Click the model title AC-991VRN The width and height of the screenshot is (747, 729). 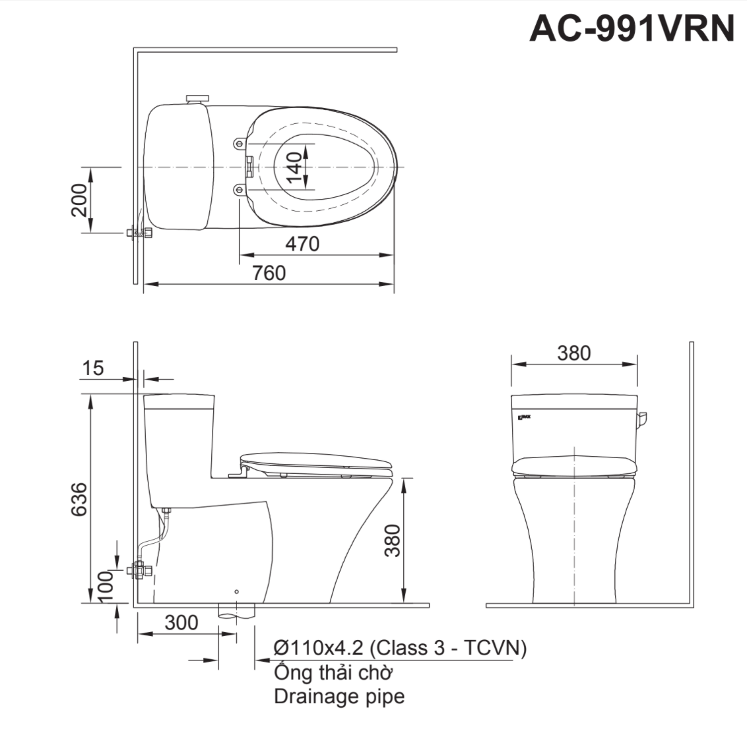pos(631,28)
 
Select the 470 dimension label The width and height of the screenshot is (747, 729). pos(302,243)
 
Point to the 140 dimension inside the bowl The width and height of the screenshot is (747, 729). pos(295,167)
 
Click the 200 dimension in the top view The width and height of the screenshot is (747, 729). pos(80,200)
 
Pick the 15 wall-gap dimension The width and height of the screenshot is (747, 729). pos(93,368)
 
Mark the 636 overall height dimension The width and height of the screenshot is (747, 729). pos(79,499)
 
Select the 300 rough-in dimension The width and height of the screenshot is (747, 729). pos(181,622)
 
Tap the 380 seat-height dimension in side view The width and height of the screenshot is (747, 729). pos(393,540)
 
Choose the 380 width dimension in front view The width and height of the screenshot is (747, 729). pos(573,353)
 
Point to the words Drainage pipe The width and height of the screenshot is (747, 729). pos(339,696)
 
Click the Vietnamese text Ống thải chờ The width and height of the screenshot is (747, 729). pos(333,672)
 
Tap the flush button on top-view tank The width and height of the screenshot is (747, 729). pos(196,99)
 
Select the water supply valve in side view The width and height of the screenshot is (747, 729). pos(141,569)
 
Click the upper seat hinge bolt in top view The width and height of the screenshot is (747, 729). pos(238,143)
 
